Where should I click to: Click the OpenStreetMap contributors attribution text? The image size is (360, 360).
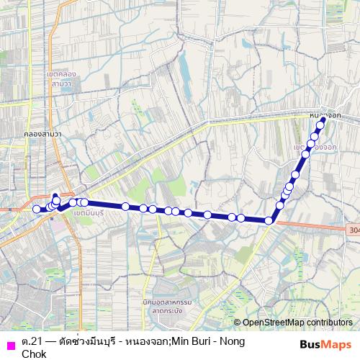pos(297,323)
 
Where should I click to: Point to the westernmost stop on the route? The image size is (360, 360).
pos(37,209)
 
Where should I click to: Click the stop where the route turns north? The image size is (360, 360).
pos(270,220)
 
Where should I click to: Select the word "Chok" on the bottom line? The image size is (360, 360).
pos(34,354)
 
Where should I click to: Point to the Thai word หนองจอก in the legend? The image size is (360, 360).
pos(154,341)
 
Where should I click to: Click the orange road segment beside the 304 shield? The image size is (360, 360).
pos(317,225)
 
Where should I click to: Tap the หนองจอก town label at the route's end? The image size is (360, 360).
pos(320,114)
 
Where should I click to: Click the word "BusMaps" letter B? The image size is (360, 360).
pos(303,344)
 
